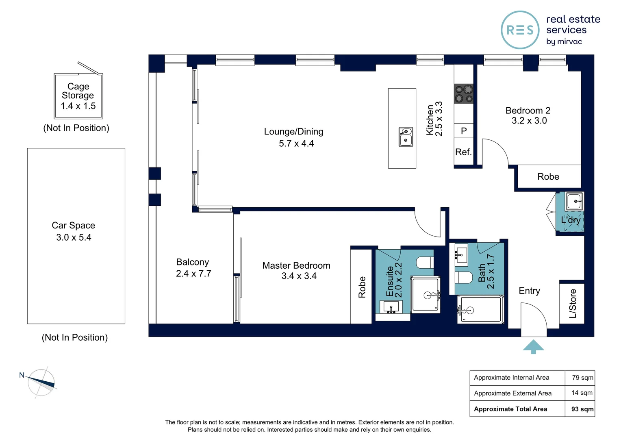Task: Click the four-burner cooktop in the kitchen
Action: pos(464,94)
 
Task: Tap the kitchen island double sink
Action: pos(406,137)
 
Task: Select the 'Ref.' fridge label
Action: pos(463,152)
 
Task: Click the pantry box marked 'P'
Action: pos(464,130)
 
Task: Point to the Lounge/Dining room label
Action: pos(293,131)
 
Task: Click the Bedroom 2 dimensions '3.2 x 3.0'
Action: pos(529,121)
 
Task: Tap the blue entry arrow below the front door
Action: pos(533,347)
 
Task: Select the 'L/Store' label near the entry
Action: pos(573,303)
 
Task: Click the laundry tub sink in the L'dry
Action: pos(574,201)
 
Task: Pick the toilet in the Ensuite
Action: pos(425,262)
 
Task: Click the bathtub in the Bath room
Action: pos(480,309)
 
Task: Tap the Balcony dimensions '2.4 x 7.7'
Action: pos(193,274)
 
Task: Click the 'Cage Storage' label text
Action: pos(78,91)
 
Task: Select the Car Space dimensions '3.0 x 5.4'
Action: pos(74,237)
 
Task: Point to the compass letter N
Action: pos(22,375)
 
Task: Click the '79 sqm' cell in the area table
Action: pos(582,378)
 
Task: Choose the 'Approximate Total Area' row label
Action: pos(510,409)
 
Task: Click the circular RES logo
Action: pos(520,30)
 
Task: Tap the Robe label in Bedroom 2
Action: pos(548,177)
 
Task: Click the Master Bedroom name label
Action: pos(296,266)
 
